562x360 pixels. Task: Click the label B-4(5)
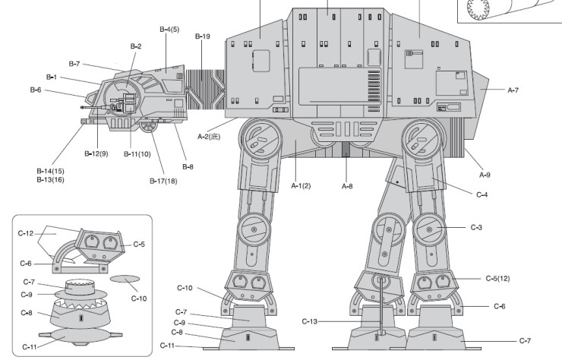pyautogui.click(x=169, y=29)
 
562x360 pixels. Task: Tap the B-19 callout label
pyautogui.click(x=202, y=36)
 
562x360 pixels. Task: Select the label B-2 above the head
pyautogui.click(x=135, y=46)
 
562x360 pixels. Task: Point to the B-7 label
pyautogui.click(x=74, y=63)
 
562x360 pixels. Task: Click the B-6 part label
pyautogui.click(x=36, y=90)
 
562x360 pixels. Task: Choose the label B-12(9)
pyautogui.click(x=96, y=153)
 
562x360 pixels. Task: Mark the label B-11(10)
pyautogui.click(x=137, y=153)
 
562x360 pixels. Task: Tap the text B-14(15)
pyautogui.click(x=50, y=171)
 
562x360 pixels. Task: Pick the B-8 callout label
pyautogui.click(x=188, y=166)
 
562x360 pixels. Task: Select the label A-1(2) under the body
pyautogui.click(x=302, y=185)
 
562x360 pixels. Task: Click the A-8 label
pyautogui.click(x=347, y=185)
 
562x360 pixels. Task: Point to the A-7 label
pyautogui.click(x=513, y=90)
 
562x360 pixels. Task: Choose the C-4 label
pyautogui.click(x=481, y=195)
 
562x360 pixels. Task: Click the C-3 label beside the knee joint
pyautogui.click(x=476, y=227)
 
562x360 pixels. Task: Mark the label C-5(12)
pyautogui.click(x=497, y=278)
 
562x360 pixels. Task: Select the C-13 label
pyautogui.click(x=309, y=321)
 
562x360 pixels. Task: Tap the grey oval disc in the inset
pyautogui.click(x=123, y=279)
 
